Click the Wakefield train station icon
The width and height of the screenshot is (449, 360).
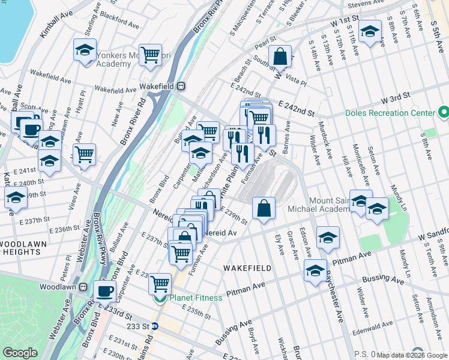[180, 86]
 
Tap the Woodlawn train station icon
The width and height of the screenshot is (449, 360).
[82, 287]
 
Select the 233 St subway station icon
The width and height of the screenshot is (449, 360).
[155, 326]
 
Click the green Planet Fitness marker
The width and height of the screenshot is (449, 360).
[160, 298]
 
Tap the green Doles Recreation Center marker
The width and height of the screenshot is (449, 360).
[444, 113]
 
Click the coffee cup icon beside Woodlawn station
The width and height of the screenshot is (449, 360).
[105, 292]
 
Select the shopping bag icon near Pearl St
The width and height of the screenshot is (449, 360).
[280, 57]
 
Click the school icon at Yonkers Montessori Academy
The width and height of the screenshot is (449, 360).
[85, 50]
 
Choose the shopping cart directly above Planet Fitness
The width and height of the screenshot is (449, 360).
[160, 282]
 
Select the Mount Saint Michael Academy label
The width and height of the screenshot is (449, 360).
[330, 205]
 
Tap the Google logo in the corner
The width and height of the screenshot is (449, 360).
[20, 353]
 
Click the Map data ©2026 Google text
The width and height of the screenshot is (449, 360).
[411, 355]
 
